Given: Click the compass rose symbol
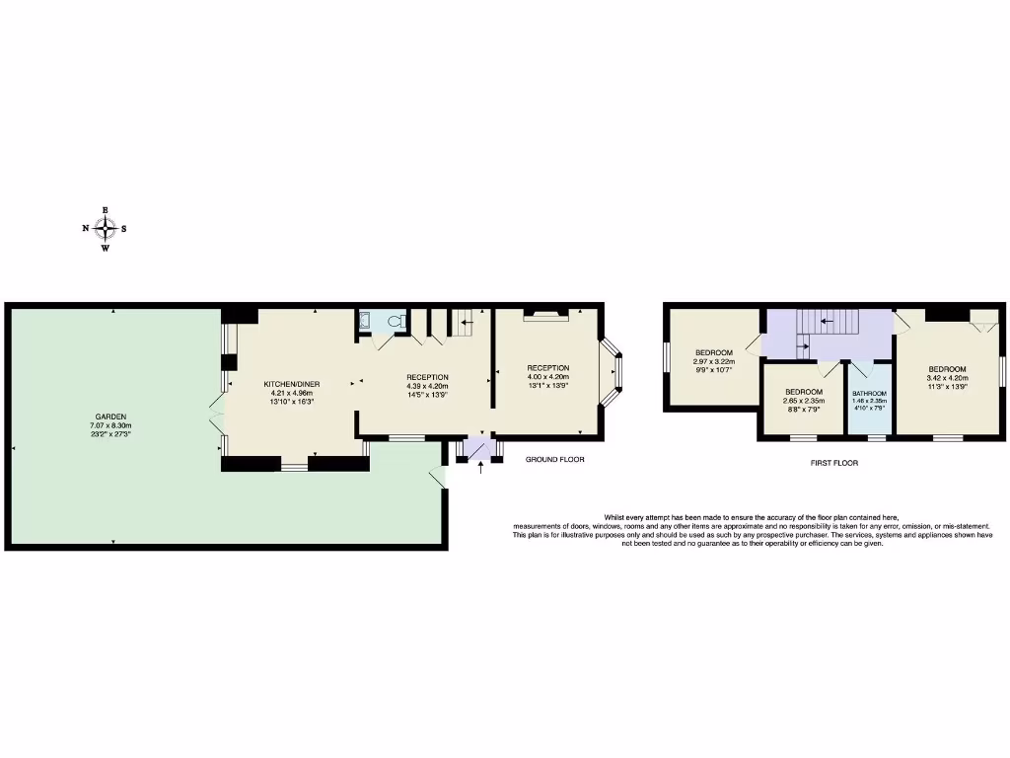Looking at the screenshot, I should pyautogui.click(x=105, y=229).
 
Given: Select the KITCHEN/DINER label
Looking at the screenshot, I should pyautogui.click(x=291, y=384).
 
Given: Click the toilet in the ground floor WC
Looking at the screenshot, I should pyautogui.click(x=397, y=320).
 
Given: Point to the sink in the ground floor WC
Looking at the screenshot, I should pyautogui.click(x=364, y=319).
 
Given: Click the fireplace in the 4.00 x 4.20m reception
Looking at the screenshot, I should pyautogui.click(x=546, y=315).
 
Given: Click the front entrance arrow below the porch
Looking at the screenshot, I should pyautogui.click(x=480, y=468).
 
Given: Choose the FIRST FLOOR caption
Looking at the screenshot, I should pyautogui.click(x=834, y=462).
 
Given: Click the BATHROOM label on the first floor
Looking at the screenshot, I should pyautogui.click(x=869, y=393).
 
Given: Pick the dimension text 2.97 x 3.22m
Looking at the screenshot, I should pyautogui.click(x=714, y=362).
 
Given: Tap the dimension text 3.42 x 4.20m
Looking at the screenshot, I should pyautogui.click(x=946, y=378).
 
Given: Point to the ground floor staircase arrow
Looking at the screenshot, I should pyautogui.click(x=466, y=322).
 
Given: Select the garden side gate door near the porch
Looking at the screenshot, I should pyautogui.click(x=436, y=478).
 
